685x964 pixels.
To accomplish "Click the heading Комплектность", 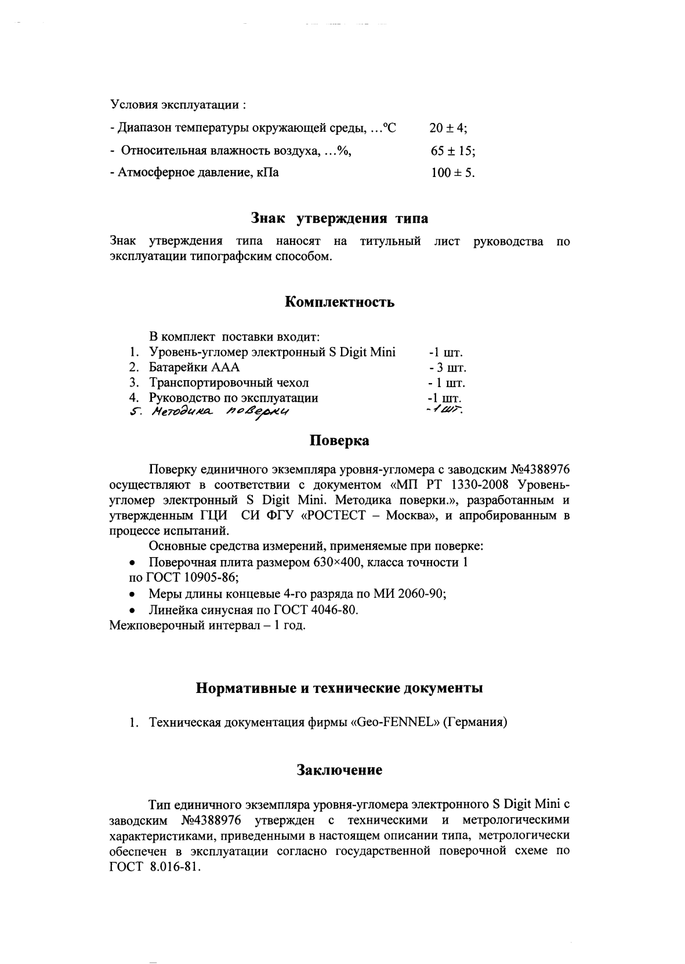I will tap(340, 302).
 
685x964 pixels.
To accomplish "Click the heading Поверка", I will tap(340, 441).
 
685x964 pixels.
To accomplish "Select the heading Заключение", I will tap(340, 770).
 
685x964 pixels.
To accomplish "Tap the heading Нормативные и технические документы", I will tap(339, 688).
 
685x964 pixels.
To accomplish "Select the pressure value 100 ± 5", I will tap(452, 173).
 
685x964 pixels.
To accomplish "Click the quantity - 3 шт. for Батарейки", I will tap(447, 368).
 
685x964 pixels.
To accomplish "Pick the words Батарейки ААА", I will tap(194, 367).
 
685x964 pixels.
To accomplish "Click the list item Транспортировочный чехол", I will tap(229, 383).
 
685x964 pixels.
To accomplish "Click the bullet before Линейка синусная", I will tap(133, 611).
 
